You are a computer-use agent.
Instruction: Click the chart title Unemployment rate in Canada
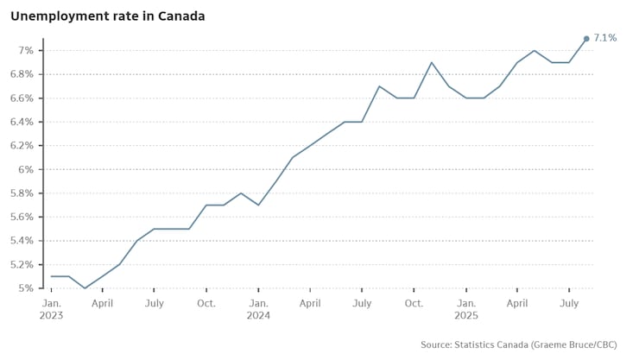(107, 16)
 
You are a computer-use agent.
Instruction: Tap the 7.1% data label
(605, 38)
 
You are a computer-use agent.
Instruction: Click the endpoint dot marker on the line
(586, 39)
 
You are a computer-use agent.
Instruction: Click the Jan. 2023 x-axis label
(52, 309)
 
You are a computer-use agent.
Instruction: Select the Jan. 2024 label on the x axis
(258, 309)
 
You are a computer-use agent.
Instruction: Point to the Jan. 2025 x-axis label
(466, 309)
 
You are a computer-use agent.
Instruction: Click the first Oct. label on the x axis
(206, 304)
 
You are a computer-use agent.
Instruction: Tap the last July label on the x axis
(569, 304)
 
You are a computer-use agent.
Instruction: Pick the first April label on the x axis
(102, 304)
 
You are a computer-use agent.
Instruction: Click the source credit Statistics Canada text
(518, 344)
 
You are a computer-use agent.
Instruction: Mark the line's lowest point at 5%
(85, 287)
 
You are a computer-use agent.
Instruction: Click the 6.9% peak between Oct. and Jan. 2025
(432, 62)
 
